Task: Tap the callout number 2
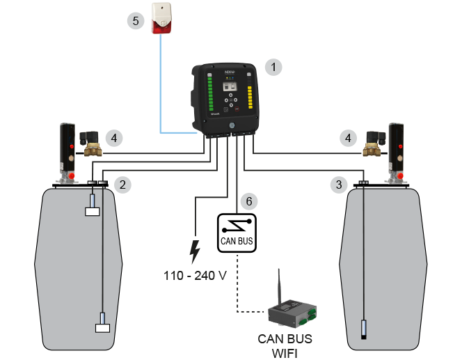click(x=122, y=185)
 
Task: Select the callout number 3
click(x=339, y=185)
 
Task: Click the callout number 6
click(x=248, y=201)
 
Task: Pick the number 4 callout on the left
click(x=115, y=138)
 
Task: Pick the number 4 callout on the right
click(x=347, y=138)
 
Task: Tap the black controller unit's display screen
click(x=229, y=87)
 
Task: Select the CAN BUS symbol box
click(x=237, y=232)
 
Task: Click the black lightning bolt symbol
click(x=195, y=250)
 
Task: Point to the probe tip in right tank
click(x=363, y=328)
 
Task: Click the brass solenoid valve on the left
click(x=90, y=143)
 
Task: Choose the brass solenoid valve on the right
click(x=374, y=143)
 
